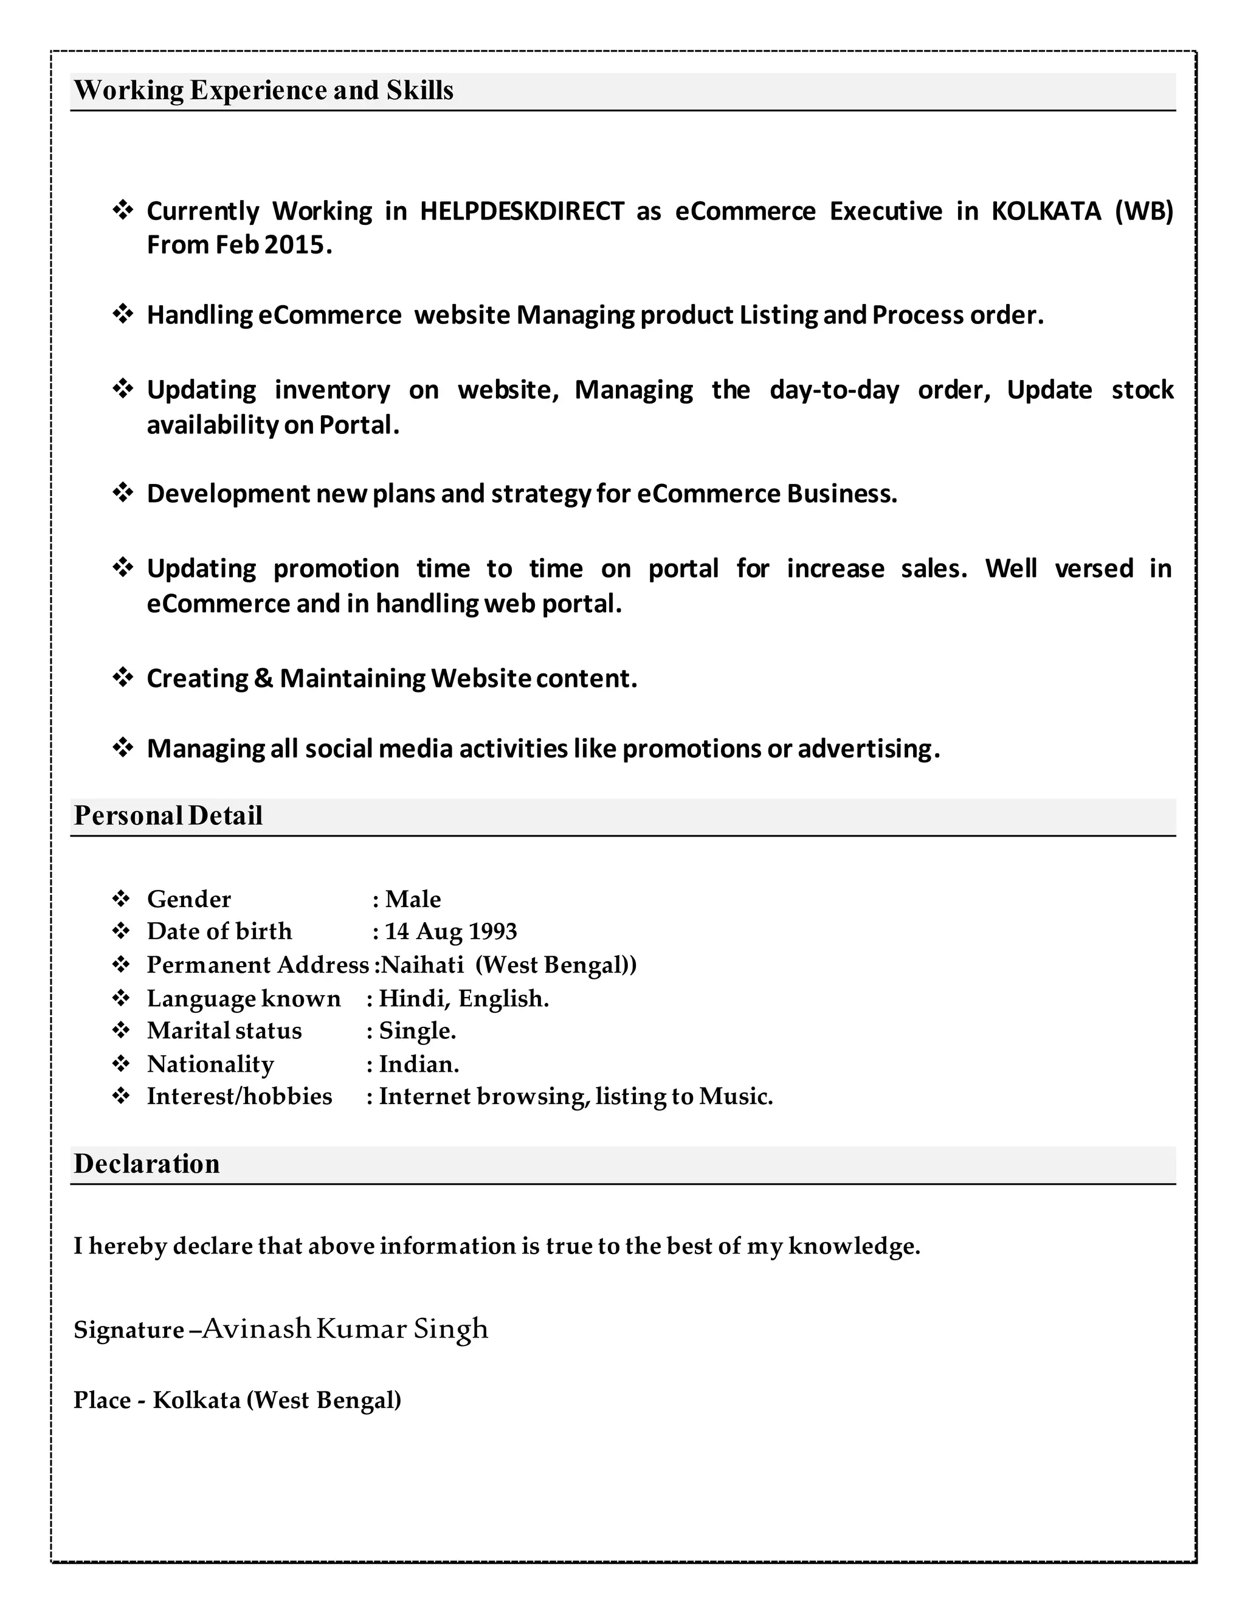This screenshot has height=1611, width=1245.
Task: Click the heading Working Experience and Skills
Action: pyautogui.click(x=263, y=90)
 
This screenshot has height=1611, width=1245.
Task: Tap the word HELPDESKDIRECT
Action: pyautogui.click(x=522, y=211)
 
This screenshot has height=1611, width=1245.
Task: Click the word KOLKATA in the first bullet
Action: pyautogui.click(x=1046, y=211)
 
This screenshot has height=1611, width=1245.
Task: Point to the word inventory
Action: pyautogui.click(x=332, y=390)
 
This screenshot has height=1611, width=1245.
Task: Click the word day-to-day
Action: pyautogui.click(x=834, y=390)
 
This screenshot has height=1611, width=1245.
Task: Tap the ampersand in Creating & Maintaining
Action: pyautogui.click(x=263, y=678)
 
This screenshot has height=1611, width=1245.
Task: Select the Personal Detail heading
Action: pyautogui.click(x=168, y=815)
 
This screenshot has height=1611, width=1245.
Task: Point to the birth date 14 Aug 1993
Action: pyautogui.click(x=450, y=931)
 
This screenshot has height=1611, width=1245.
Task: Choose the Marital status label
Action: pyautogui.click(x=224, y=1030)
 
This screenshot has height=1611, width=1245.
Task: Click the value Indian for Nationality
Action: pyautogui.click(x=418, y=1064)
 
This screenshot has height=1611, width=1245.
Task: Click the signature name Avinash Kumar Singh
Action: pyautogui.click(x=345, y=1328)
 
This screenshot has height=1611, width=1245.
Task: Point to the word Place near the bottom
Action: pyautogui.click(x=102, y=1400)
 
